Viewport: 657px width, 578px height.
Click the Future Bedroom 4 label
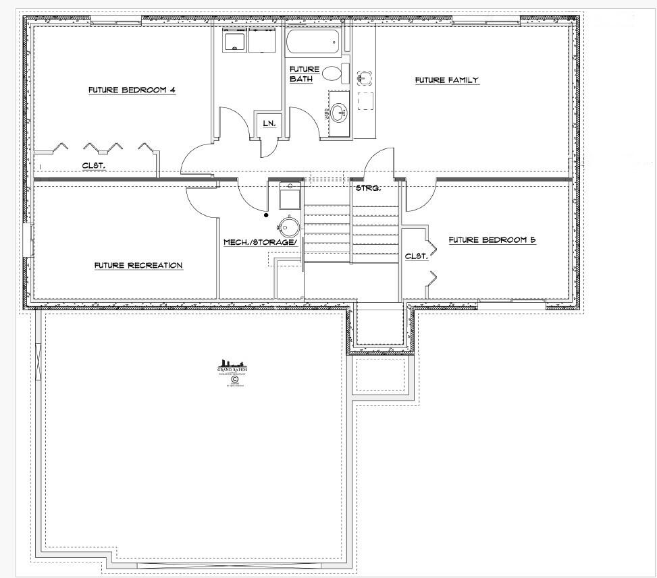click(x=132, y=90)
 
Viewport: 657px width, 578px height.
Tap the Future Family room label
click(x=446, y=80)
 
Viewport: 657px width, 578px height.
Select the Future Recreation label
click(x=138, y=265)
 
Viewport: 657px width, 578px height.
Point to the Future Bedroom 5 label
click(x=492, y=239)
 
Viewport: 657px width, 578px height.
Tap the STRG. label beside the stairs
click(x=368, y=188)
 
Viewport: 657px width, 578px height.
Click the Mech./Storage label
click(x=261, y=241)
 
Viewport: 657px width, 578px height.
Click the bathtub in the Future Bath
click(x=312, y=45)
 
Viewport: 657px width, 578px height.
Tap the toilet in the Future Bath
click(x=335, y=73)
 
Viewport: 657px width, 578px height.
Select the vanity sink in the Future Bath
click(x=338, y=111)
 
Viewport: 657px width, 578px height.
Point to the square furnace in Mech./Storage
click(x=290, y=198)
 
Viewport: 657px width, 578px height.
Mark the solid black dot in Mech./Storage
click(x=266, y=216)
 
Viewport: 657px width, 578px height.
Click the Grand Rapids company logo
click(x=231, y=372)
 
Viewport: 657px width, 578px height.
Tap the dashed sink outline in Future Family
click(x=365, y=78)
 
